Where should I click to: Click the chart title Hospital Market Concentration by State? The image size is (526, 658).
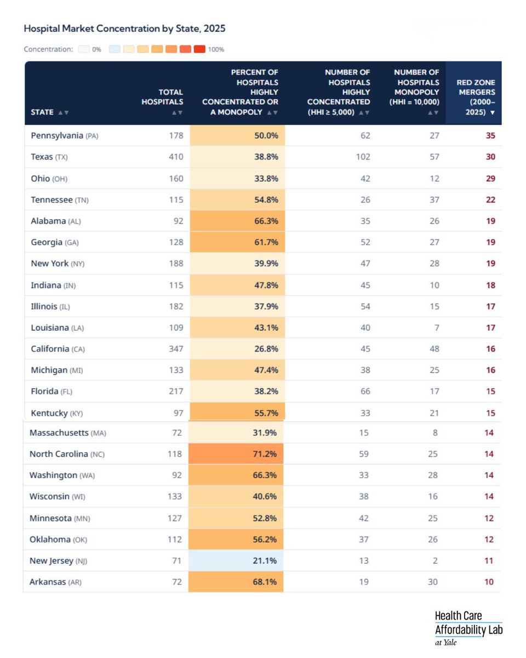pyautogui.click(x=124, y=28)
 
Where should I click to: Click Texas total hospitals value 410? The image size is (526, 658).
pyautogui.click(x=175, y=157)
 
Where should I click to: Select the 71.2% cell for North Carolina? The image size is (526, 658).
pyautogui.click(x=266, y=454)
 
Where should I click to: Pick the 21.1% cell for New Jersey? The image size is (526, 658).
pyautogui.click(x=266, y=560)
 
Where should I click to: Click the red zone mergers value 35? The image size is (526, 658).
pyautogui.click(x=490, y=135)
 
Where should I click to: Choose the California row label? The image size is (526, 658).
pyautogui.click(x=58, y=349)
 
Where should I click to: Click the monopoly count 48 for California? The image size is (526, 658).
pyautogui.click(x=433, y=349)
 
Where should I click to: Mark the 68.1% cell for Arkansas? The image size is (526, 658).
pyautogui.click(x=266, y=582)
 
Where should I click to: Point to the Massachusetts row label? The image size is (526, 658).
pyautogui.click(x=67, y=433)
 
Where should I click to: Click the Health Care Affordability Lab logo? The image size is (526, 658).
pyautogui.click(x=468, y=628)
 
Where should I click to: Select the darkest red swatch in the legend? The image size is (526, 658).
pyautogui.click(x=199, y=49)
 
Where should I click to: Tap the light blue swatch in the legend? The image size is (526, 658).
pyautogui.click(x=115, y=49)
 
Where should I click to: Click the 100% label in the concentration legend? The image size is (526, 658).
pyautogui.click(x=216, y=49)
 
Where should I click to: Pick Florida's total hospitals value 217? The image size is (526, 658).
pyautogui.click(x=175, y=392)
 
